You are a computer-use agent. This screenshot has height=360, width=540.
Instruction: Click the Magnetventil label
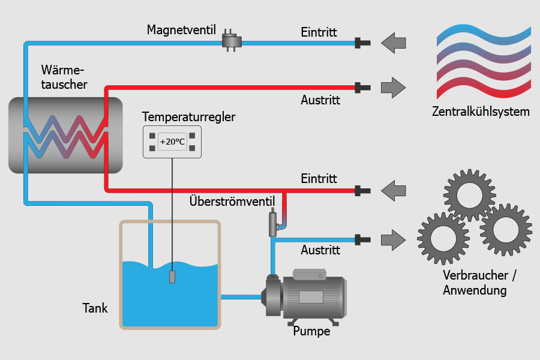click(x=181, y=29)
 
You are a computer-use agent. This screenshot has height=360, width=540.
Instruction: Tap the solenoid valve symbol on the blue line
click(x=231, y=41)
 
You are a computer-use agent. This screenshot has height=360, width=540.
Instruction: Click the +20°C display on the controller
click(x=172, y=142)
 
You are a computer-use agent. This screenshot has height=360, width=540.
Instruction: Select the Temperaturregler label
click(x=189, y=117)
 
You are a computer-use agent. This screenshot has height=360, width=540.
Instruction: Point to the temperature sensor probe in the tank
click(x=172, y=277)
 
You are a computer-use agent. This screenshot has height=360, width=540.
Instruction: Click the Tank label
click(x=95, y=308)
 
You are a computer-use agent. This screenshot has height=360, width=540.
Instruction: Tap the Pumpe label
click(x=311, y=331)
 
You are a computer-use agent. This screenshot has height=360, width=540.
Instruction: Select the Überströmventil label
click(x=232, y=200)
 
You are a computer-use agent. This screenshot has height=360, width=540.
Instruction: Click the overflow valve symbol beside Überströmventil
click(x=273, y=221)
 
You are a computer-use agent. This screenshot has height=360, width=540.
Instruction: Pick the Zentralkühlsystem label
click(x=481, y=112)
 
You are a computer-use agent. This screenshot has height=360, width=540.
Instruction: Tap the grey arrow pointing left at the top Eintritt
click(x=394, y=43)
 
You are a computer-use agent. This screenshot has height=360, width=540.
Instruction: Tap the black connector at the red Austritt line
click(x=362, y=87)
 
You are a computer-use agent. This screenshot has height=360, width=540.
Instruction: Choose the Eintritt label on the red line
click(x=319, y=179)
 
